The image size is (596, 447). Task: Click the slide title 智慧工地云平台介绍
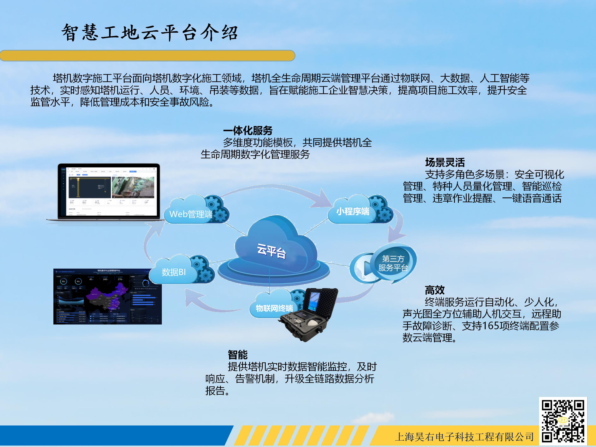(150, 33)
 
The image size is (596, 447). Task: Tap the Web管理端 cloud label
(191, 214)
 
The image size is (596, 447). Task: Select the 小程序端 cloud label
(352, 211)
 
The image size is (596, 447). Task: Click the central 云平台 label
(271, 251)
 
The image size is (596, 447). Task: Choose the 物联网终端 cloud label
(274, 308)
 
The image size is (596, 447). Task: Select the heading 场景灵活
(445, 162)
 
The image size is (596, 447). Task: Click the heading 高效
(434, 290)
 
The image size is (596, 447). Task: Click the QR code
(563, 421)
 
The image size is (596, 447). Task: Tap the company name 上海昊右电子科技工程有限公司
(464, 436)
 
